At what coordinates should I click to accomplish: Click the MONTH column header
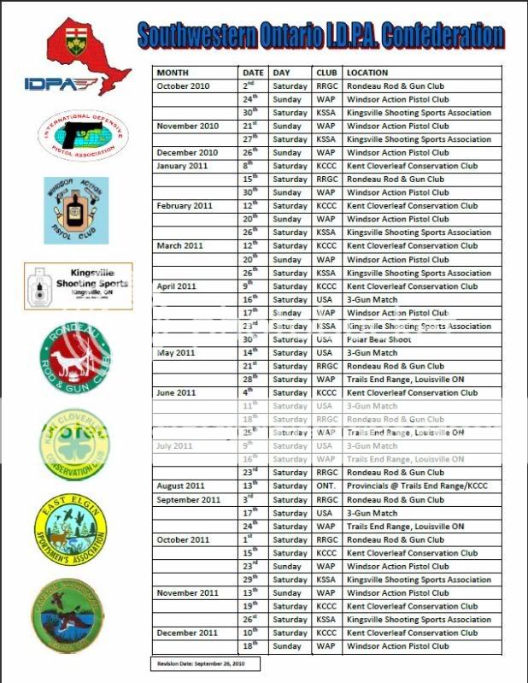click(x=173, y=73)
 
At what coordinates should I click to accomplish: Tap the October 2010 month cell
click(x=185, y=86)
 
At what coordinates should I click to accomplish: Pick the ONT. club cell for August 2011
click(x=325, y=486)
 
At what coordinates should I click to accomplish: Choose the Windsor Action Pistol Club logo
click(x=76, y=209)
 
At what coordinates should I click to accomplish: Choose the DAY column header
click(x=282, y=73)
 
